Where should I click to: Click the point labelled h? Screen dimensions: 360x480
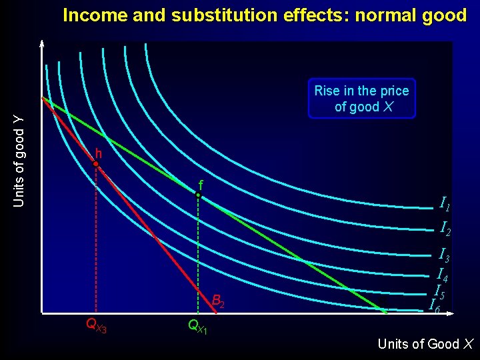[x=97, y=163]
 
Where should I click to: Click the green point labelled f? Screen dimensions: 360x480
[x=198, y=195]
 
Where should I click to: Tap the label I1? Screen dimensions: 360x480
[x=445, y=204]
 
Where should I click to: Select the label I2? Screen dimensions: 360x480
[x=445, y=228]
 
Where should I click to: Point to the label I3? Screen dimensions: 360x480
[x=443, y=255]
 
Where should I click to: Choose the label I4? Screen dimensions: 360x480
[x=441, y=274]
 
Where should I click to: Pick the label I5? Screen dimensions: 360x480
[x=439, y=291]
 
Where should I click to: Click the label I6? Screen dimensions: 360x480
[x=434, y=306]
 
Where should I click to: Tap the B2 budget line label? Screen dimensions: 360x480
[x=218, y=300]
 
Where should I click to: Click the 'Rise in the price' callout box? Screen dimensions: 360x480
[x=361, y=99]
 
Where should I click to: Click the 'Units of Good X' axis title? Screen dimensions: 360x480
[x=425, y=344]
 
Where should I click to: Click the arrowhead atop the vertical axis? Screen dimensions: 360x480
[x=41, y=45]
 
